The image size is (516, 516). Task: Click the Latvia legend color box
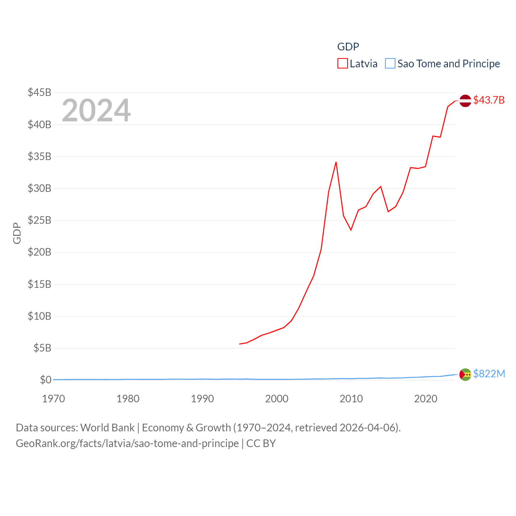tap(343, 64)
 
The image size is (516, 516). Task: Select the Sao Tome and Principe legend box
tap(390, 64)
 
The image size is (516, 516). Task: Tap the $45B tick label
tap(40, 92)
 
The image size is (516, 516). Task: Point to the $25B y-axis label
tap(40, 220)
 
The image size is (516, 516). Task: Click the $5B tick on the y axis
tap(42, 348)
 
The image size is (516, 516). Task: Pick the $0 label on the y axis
tap(46, 380)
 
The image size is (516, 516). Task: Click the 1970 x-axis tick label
tap(54, 399)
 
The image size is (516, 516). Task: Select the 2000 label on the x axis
tap(277, 399)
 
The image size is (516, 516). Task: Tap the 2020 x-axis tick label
tap(426, 399)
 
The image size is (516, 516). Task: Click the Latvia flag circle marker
tap(465, 100)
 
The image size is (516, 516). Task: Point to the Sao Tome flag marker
tap(465, 375)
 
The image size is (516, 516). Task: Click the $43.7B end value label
tap(489, 100)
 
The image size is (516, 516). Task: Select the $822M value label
tap(489, 374)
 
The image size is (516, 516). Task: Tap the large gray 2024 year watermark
tap(96, 110)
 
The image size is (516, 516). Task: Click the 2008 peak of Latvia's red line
tap(336, 162)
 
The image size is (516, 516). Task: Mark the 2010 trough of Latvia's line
tap(351, 230)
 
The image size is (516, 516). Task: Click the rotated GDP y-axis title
tap(17, 233)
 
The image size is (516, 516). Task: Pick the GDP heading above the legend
tap(348, 47)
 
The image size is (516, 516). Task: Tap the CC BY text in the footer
tap(261, 443)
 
